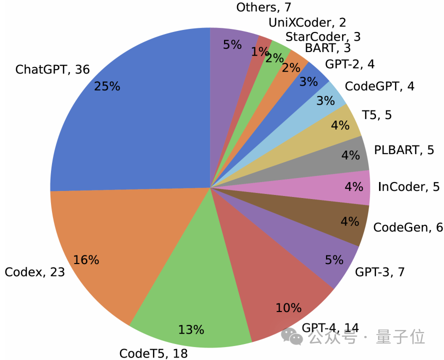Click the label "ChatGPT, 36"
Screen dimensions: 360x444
coord(52,69)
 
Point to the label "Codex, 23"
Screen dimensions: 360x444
coord(35,272)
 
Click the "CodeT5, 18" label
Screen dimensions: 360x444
coord(153,353)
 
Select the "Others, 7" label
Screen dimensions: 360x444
coord(263,7)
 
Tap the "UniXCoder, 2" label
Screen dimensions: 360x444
coord(307,22)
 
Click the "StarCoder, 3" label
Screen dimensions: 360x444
coord(323,36)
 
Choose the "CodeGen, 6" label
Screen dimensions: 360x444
coord(408,227)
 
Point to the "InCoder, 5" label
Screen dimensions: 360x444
coord(408,187)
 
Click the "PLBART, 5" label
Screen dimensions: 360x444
coord(404,149)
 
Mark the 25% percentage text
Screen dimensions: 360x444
coord(107,86)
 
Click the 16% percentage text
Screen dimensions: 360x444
coord(86,260)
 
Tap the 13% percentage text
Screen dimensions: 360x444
coord(191,329)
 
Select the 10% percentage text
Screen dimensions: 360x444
coord(288,307)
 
